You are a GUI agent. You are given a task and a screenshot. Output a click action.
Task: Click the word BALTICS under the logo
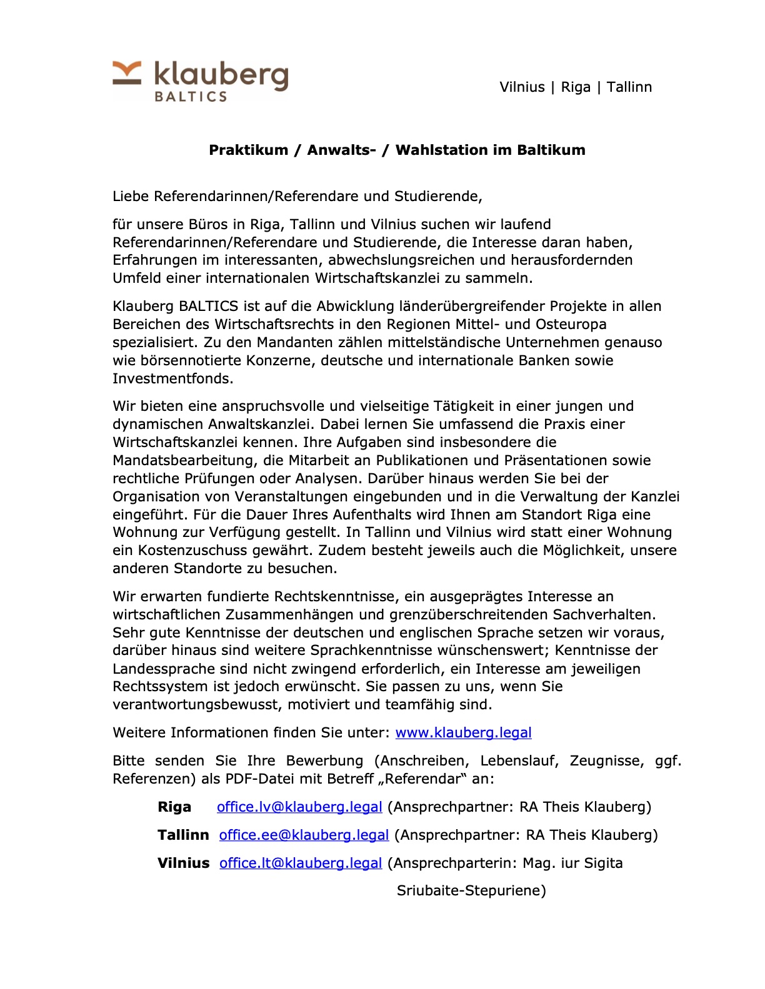[x=190, y=97]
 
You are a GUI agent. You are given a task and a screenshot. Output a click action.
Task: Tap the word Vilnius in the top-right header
[x=522, y=87]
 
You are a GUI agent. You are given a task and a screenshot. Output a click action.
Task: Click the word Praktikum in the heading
[x=248, y=150]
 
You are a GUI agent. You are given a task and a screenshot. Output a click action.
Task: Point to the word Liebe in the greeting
[x=131, y=196]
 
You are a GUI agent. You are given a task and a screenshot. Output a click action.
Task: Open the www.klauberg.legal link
[x=463, y=732]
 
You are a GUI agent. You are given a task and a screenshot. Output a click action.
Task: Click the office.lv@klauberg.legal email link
[x=299, y=807]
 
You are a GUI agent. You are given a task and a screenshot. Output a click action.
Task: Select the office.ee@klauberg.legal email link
[x=304, y=835]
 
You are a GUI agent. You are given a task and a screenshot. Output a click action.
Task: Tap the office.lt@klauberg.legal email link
[x=300, y=863]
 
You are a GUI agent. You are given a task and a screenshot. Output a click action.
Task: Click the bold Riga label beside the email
[x=174, y=807]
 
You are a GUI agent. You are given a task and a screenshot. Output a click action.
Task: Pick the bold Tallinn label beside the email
[x=183, y=835]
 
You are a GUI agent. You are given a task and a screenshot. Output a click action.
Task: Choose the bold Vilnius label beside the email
[x=183, y=863]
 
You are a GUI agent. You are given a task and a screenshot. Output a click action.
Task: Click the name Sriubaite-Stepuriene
[x=471, y=890]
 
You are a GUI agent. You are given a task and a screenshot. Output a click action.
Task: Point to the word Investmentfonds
[x=172, y=378]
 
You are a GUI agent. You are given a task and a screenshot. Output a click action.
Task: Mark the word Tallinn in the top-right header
[x=629, y=87]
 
